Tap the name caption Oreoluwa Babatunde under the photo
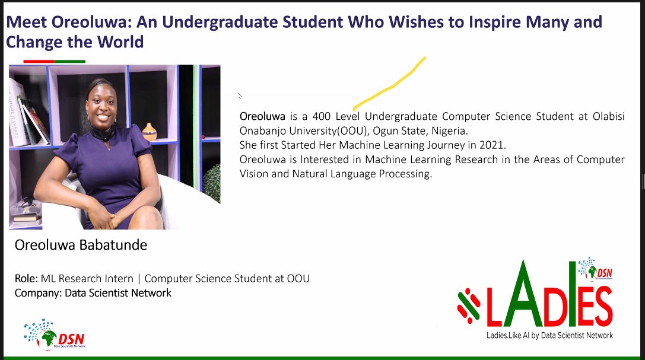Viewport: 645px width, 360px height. click(x=80, y=245)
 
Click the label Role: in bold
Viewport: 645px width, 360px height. click(x=27, y=279)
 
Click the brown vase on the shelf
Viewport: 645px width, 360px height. click(x=150, y=131)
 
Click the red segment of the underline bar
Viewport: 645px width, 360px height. click(x=39, y=61)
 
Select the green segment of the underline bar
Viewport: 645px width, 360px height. click(x=70, y=61)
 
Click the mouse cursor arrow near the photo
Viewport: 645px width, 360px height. click(x=240, y=95)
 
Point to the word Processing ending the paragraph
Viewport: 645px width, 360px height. click(x=403, y=174)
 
